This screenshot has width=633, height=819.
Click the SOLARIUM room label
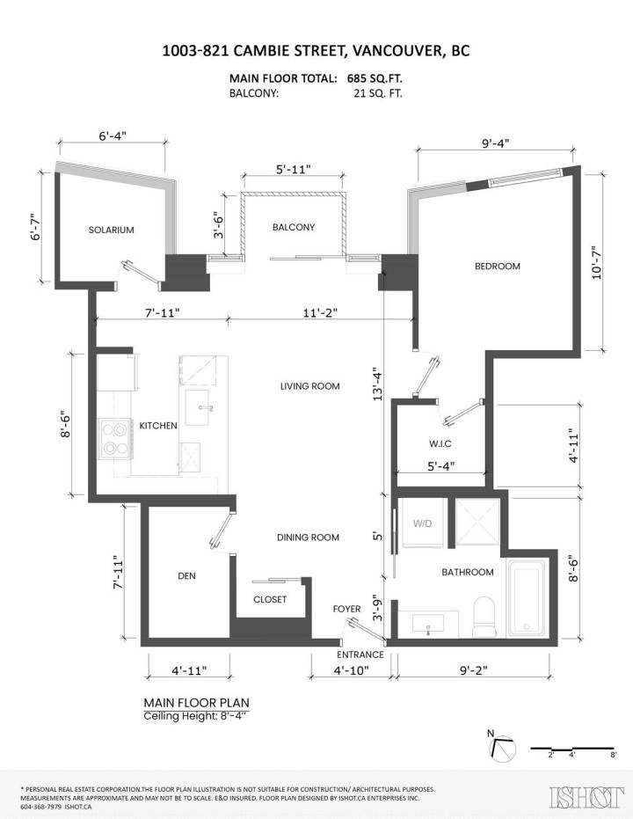(111, 230)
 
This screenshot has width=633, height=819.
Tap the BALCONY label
(294, 227)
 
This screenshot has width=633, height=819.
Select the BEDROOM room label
(498, 266)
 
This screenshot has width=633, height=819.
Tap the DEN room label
(186, 576)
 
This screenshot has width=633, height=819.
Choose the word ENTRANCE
(360, 654)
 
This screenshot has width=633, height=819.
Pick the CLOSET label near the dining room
(270, 599)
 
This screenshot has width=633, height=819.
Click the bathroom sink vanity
(428, 624)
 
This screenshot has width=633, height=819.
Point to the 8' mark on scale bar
(613, 755)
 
